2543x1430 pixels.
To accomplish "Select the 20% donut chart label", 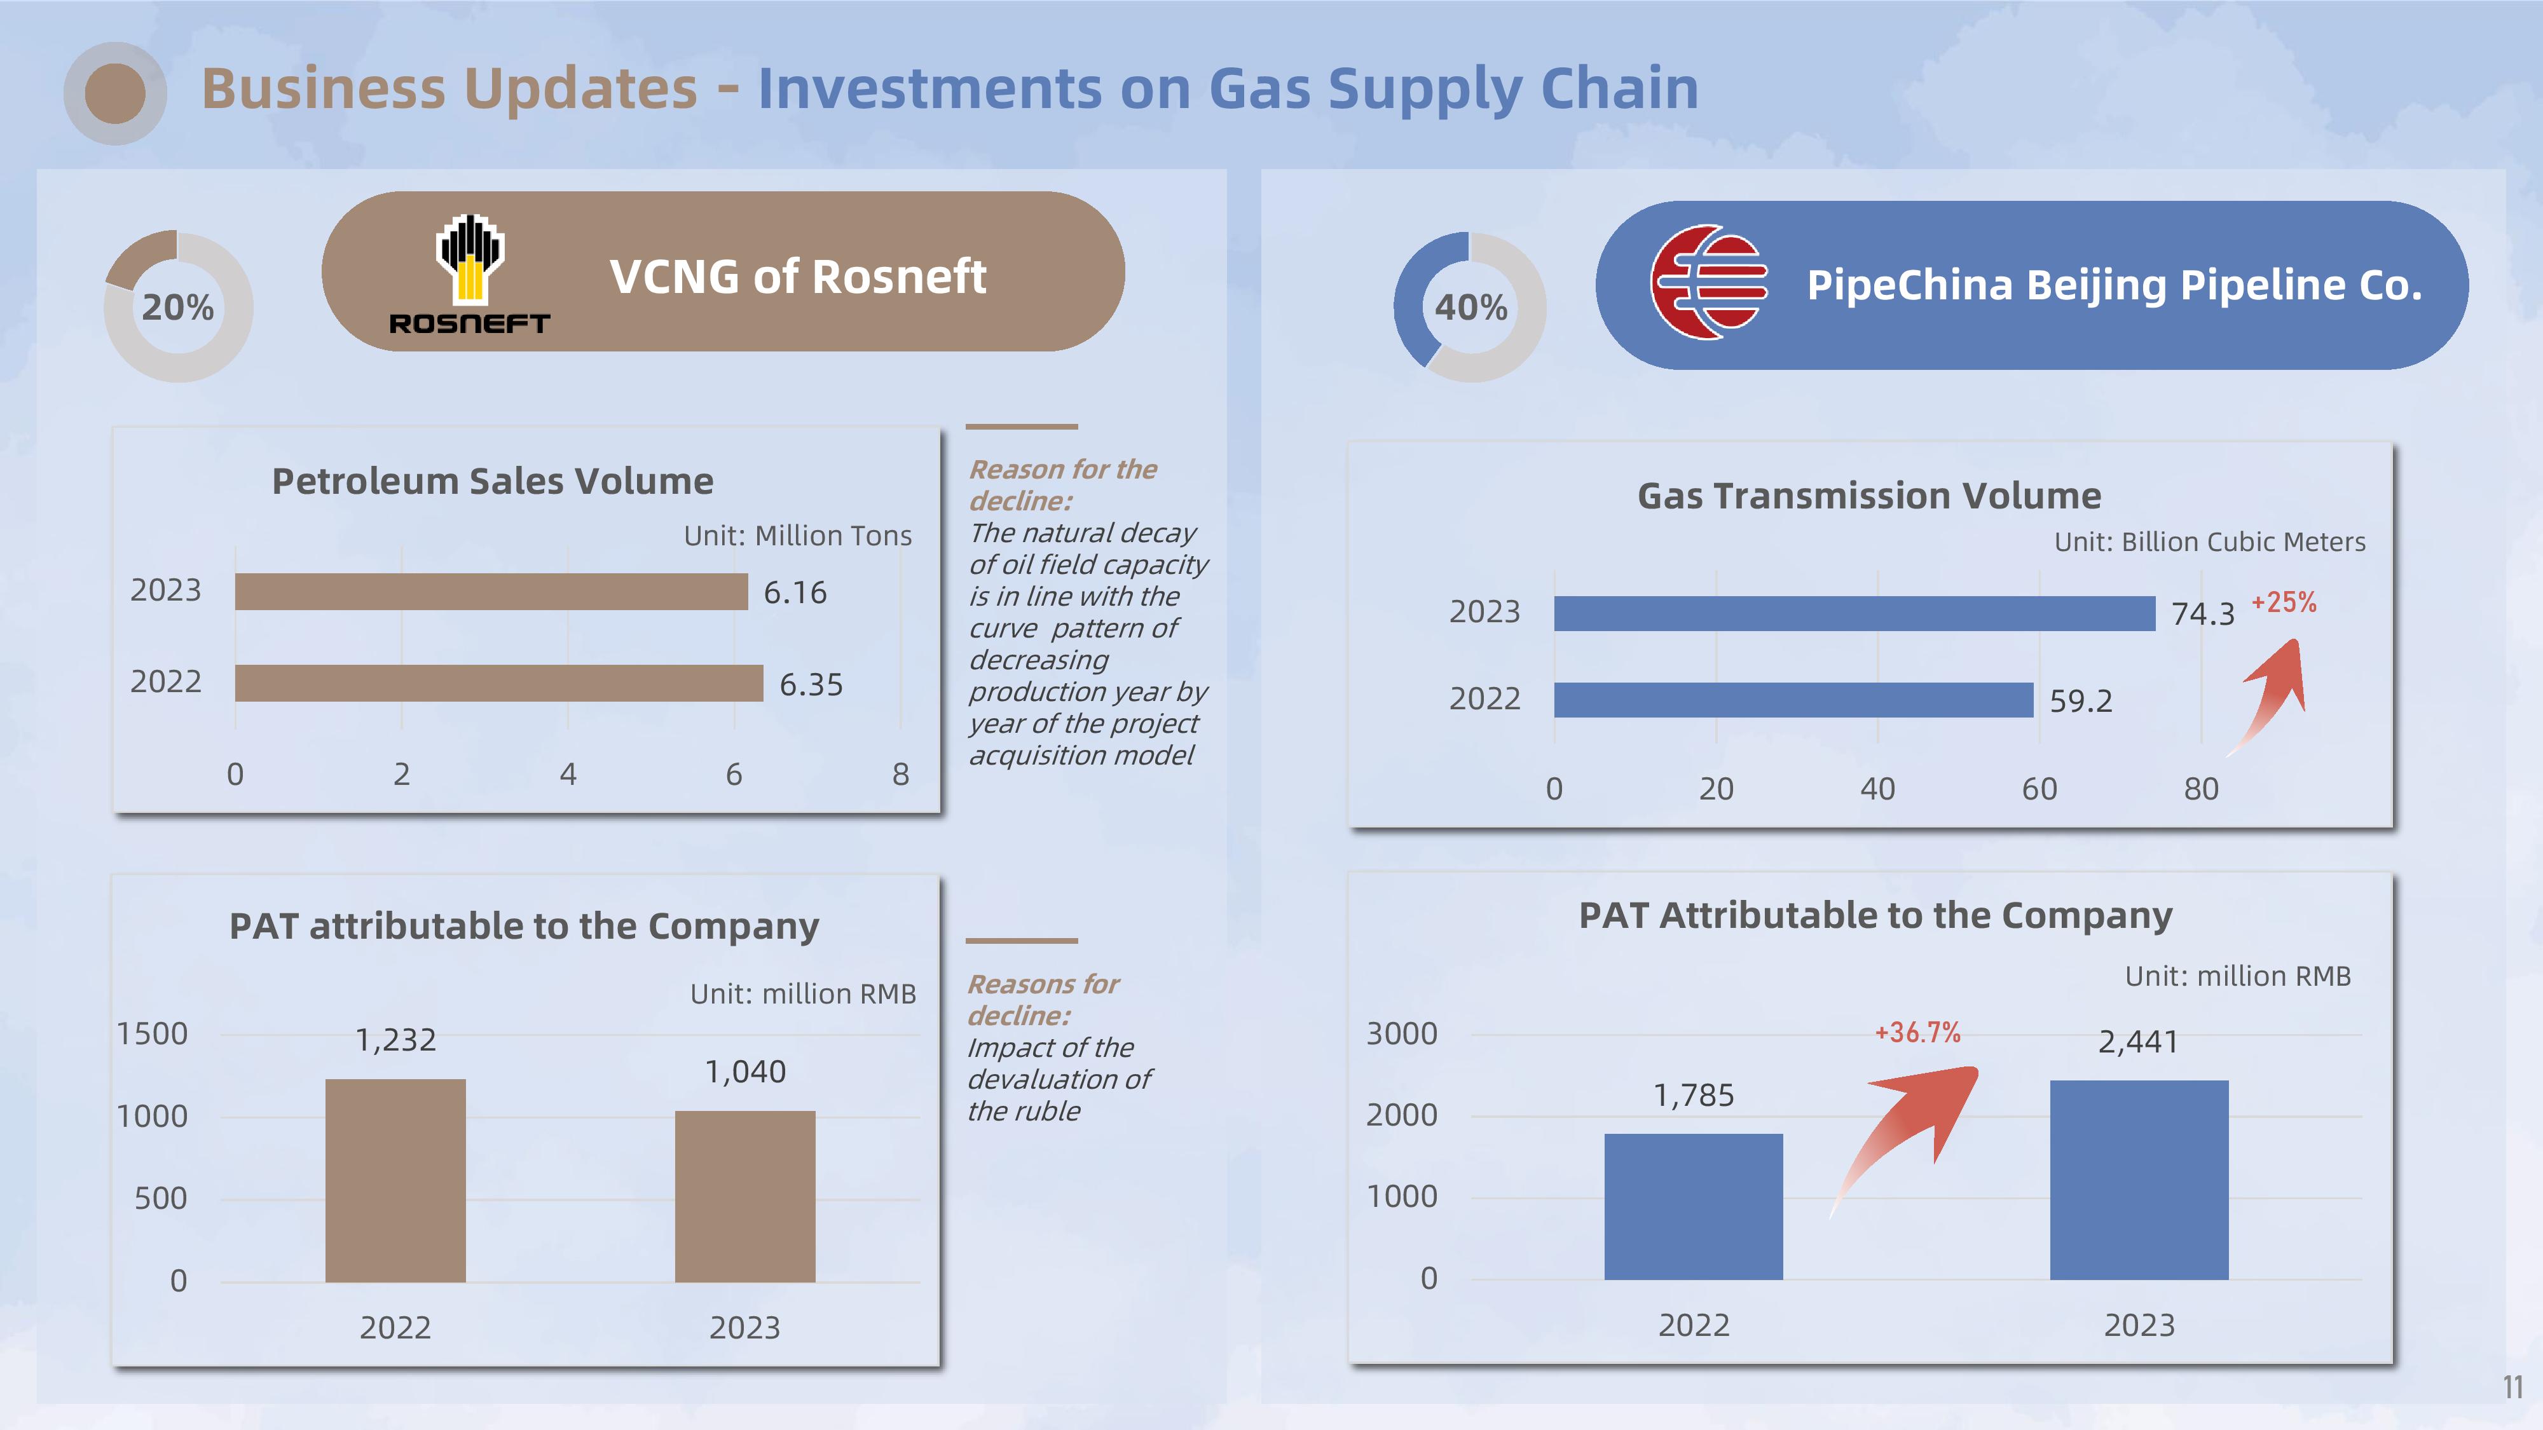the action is pyautogui.click(x=178, y=307).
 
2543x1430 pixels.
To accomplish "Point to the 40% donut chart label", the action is pyautogui.click(x=1471, y=307).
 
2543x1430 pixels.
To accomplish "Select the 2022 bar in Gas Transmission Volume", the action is pyautogui.click(x=1793, y=700).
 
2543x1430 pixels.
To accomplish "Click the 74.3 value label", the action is pyautogui.click(x=2202, y=614).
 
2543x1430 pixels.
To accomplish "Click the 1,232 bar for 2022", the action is pyautogui.click(x=395, y=1180).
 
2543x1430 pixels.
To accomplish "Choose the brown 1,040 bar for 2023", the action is pyautogui.click(x=744, y=1196).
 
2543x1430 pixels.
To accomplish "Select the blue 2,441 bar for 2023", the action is pyautogui.click(x=2138, y=1180).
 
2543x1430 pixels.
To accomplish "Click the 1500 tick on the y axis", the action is pyautogui.click(x=152, y=1033).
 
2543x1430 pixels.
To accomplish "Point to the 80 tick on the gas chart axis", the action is pyautogui.click(x=2200, y=789).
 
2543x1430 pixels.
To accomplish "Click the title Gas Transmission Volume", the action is pyautogui.click(x=1868, y=496).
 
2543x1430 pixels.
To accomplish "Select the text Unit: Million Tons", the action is pyautogui.click(x=798, y=535).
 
